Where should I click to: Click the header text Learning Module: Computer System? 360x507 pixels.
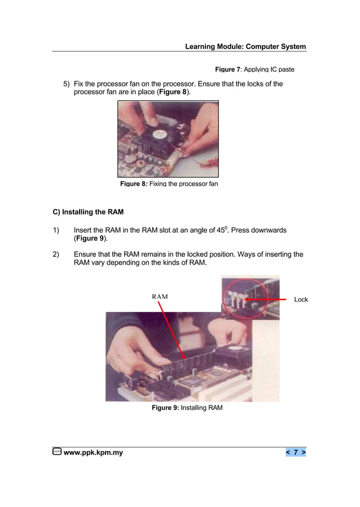245,46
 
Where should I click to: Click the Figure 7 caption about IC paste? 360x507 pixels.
254,69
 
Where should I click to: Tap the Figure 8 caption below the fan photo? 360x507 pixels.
169,184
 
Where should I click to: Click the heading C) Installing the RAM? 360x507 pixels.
87,212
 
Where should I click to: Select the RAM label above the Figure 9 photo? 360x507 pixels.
160,297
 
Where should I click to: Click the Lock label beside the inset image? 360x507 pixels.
301,299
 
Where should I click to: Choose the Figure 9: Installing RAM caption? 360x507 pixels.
187,408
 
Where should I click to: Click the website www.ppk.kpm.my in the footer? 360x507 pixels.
93,452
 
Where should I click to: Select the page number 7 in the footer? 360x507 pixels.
296,452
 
